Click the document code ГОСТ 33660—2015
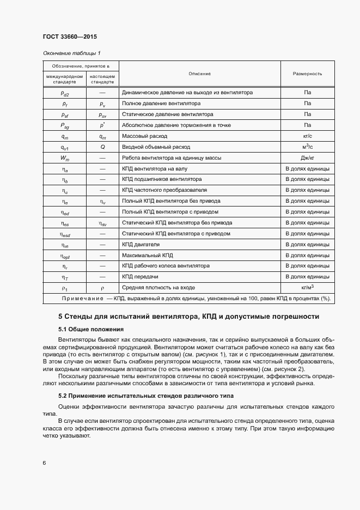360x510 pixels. click(70, 37)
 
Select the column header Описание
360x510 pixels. click(199, 74)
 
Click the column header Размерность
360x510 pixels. click(307, 74)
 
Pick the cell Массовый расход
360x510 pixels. click(145, 136)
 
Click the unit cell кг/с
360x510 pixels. click(308, 136)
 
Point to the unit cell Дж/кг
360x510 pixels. click(308, 158)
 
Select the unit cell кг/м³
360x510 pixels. click(308, 287)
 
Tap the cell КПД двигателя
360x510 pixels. click(141, 244)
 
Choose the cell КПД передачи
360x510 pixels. click(141, 277)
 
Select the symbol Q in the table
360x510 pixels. click(102, 147)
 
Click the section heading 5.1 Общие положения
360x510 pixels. click(91, 330)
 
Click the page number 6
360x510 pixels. click(44, 463)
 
